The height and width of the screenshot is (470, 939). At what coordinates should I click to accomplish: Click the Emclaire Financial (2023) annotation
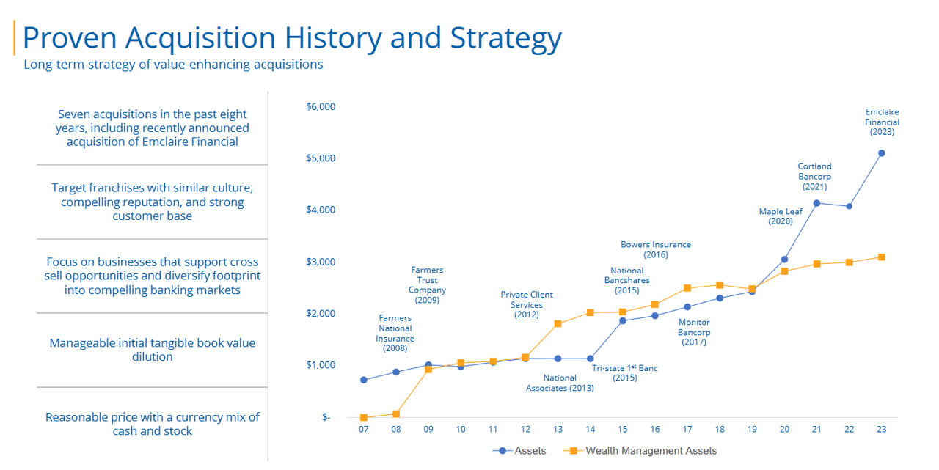click(x=882, y=122)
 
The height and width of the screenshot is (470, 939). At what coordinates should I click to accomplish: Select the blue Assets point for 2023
click(x=882, y=153)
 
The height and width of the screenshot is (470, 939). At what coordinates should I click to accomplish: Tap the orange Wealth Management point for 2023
click(x=882, y=257)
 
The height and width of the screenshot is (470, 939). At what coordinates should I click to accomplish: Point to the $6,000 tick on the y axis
click(x=320, y=107)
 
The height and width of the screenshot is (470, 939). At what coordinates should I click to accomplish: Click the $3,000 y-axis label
click(x=320, y=262)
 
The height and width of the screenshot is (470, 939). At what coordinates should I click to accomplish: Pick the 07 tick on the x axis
click(x=364, y=430)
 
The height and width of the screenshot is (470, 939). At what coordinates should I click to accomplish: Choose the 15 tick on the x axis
click(x=623, y=430)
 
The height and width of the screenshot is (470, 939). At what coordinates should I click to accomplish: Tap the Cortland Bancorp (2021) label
click(x=814, y=177)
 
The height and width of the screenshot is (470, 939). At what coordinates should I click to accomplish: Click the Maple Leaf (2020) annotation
click(x=781, y=216)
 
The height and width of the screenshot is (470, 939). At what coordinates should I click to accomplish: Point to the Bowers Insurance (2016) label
click(x=655, y=250)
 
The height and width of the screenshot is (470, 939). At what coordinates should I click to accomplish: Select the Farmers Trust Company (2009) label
click(x=427, y=285)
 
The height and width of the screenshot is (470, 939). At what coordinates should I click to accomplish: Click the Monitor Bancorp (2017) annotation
click(x=693, y=332)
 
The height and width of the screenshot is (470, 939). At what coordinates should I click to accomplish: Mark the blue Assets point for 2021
click(x=816, y=203)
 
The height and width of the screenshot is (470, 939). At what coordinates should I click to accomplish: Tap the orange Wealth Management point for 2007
click(x=364, y=418)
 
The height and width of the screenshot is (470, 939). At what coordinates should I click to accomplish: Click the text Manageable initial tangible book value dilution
click(x=153, y=350)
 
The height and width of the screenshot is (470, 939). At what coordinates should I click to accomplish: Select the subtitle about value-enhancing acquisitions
click(x=173, y=65)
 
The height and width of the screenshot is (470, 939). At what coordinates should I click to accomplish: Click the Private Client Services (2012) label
click(x=527, y=305)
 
